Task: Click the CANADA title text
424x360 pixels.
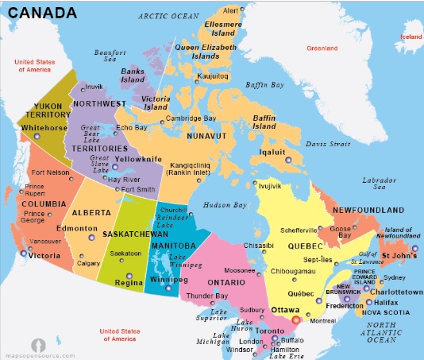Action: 43,13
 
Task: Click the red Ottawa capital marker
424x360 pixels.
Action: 297,319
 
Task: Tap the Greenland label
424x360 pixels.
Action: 322,48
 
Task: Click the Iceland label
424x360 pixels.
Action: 411,37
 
